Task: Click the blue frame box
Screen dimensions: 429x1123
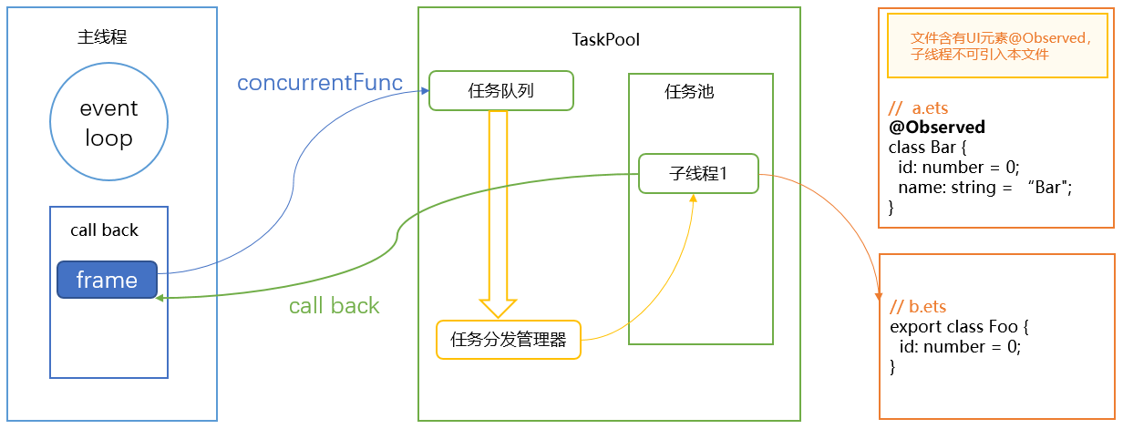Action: [x=107, y=280]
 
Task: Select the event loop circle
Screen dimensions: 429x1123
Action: [x=108, y=124]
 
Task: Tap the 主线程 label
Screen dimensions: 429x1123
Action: [x=102, y=37]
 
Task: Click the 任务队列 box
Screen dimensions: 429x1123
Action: [x=500, y=91]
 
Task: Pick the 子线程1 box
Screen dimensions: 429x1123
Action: [x=698, y=173]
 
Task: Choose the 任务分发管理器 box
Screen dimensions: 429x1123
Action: [x=509, y=340]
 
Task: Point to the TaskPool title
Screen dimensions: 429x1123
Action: [x=606, y=39]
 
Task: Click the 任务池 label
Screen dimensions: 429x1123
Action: [x=689, y=92]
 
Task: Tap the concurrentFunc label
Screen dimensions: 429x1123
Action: [x=320, y=83]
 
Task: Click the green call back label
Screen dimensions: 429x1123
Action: [x=334, y=306]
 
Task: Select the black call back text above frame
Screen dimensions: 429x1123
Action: [x=104, y=230]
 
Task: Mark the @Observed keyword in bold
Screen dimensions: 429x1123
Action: [x=936, y=128]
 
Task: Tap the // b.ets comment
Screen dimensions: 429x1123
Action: [x=918, y=307]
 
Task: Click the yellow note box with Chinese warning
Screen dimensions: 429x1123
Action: [x=1001, y=46]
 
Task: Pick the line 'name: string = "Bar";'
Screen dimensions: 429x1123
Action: [x=985, y=187]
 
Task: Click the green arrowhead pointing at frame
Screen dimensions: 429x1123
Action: [x=160, y=298]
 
